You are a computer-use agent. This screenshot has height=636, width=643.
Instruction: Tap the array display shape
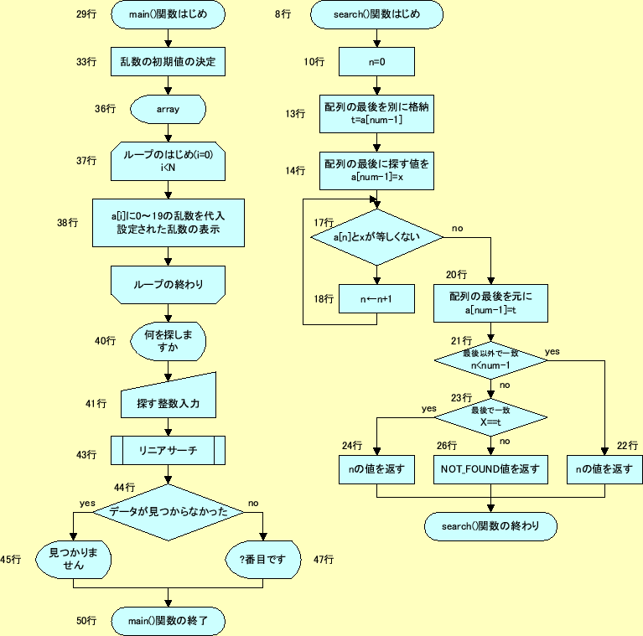tap(168, 109)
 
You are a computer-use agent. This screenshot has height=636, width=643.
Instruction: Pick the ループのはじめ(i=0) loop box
tap(169, 161)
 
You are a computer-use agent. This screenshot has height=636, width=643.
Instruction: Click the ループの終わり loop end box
tap(169, 284)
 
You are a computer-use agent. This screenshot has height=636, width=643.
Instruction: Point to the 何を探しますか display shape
tap(168, 341)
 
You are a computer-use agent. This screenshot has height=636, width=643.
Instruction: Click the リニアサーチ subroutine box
tap(169, 451)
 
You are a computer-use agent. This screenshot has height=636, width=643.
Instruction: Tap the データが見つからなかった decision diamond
tap(169, 511)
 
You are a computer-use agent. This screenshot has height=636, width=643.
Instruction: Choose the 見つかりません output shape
tap(73, 559)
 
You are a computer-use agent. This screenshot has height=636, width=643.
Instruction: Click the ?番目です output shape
tap(262, 559)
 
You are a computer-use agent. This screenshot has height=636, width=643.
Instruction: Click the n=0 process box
tap(376, 61)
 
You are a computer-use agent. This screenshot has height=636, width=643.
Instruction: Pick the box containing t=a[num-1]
tap(377, 114)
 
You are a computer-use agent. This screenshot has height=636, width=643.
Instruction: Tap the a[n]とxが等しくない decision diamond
tap(376, 238)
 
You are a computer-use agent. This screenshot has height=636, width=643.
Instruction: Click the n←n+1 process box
tap(376, 298)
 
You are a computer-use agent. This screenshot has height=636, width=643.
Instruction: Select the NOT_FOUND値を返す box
tap(490, 469)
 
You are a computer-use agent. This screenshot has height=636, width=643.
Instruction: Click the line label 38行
tap(67, 222)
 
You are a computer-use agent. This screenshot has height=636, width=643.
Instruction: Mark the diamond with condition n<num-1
tap(490, 359)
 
